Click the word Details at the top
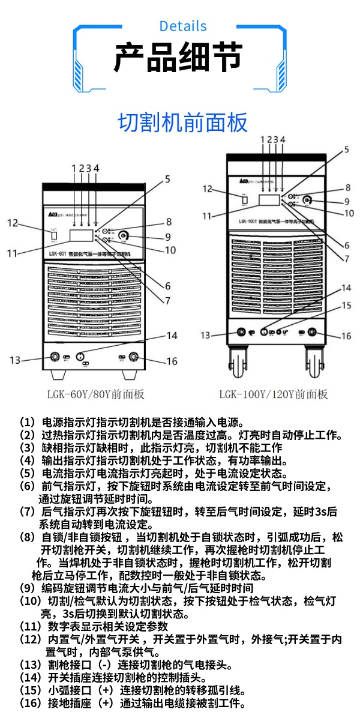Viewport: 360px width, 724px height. tap(183, 26)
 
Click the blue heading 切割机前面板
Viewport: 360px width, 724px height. tap(182, 122)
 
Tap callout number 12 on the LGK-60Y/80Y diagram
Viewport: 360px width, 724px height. tap(14, 223)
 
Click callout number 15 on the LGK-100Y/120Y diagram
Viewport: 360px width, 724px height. tap(346, 305)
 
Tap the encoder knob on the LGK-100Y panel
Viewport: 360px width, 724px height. tap(307, 200)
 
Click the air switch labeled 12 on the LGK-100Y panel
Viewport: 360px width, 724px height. tap(244, 199)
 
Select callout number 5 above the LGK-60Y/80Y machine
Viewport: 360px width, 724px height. tap(168, 178)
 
